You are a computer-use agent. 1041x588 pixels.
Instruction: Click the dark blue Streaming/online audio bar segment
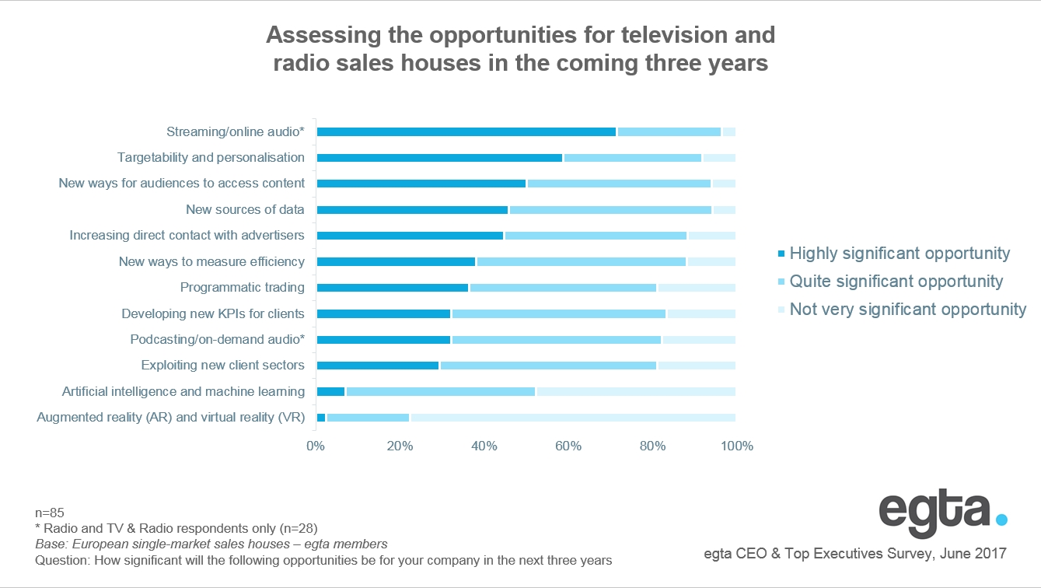point(466,131)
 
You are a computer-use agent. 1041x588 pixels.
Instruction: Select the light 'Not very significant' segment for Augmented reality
point(572,418)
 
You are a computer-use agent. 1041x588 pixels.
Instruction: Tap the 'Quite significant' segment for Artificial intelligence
point(441,391)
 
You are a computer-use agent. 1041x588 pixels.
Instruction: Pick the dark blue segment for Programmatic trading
point(393,288)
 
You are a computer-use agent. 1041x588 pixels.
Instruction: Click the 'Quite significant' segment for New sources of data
point(610,210)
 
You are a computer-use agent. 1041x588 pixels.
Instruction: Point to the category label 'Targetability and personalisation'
point(211,158)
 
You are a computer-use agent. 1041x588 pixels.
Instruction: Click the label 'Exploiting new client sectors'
point(222,366)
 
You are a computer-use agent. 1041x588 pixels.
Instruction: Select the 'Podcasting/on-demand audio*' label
point(217,340)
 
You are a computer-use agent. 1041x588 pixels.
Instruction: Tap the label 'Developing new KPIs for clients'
point(213,314)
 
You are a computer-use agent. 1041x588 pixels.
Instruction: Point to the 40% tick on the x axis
point(484,446)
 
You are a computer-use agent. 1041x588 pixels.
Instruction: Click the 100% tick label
point(737,446)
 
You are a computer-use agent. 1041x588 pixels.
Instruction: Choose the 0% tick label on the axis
point(316,446)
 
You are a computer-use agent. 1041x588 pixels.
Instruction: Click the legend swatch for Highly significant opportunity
point(781,254)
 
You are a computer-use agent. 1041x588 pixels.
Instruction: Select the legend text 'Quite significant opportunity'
point(896,282)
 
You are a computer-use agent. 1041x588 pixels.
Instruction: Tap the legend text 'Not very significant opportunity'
point(908,310)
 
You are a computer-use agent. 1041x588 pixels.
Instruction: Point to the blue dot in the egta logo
point(1001,519)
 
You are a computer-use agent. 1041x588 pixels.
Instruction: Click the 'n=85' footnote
point(50,513)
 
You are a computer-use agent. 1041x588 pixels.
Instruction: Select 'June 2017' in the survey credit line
point(976,554)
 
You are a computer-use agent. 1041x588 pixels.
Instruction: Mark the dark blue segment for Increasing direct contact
point(410,236)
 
